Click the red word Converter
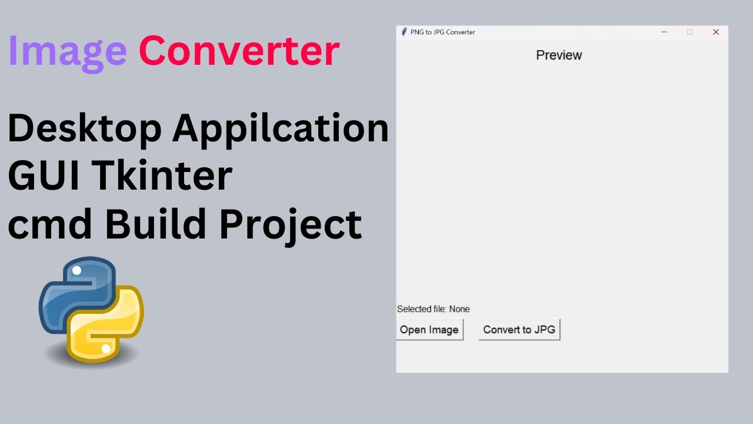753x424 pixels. (x=239, y=51)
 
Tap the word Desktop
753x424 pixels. (x=84, y=128)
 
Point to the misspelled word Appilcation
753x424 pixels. (x=281, y=129)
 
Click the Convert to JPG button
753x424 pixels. (x=519, y=330)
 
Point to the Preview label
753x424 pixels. (x=559, y=55)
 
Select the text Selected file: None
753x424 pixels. (x=434, y=309)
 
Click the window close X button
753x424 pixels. (x=716, y=32)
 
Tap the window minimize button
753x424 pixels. (x=664, y=32)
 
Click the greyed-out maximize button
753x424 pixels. (x=690, y=32)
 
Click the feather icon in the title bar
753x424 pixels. (x=404, y=32)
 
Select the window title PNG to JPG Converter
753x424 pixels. (x=442, y=32)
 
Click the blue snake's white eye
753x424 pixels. (x=76, y=271)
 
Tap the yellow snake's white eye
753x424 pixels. (x=106, y=349)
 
